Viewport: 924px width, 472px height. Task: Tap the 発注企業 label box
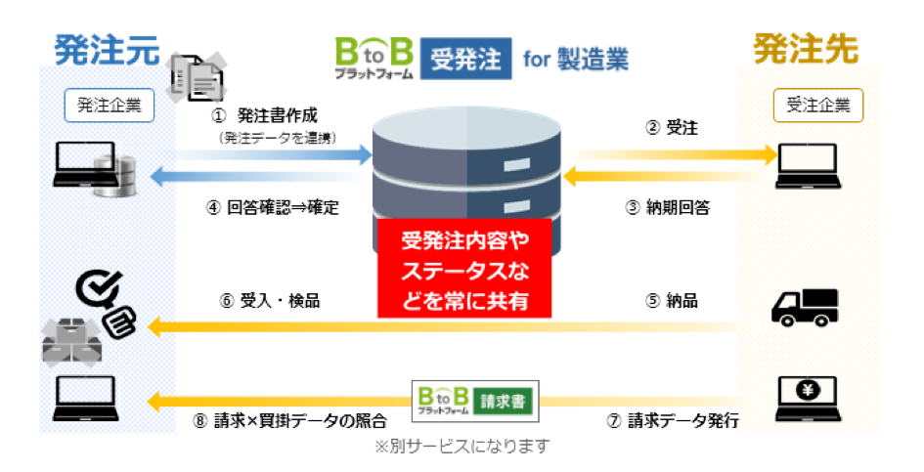click(110, 105)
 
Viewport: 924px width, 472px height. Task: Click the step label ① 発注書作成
click(265, 115)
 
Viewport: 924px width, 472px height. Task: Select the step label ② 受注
click(671, 127)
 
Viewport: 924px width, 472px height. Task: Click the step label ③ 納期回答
click(668, 207)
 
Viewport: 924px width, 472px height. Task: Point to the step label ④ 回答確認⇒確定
click(273, 207)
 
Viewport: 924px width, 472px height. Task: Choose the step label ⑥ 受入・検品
click(269, 301)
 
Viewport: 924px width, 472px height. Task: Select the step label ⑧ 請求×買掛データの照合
click(289, 421)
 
